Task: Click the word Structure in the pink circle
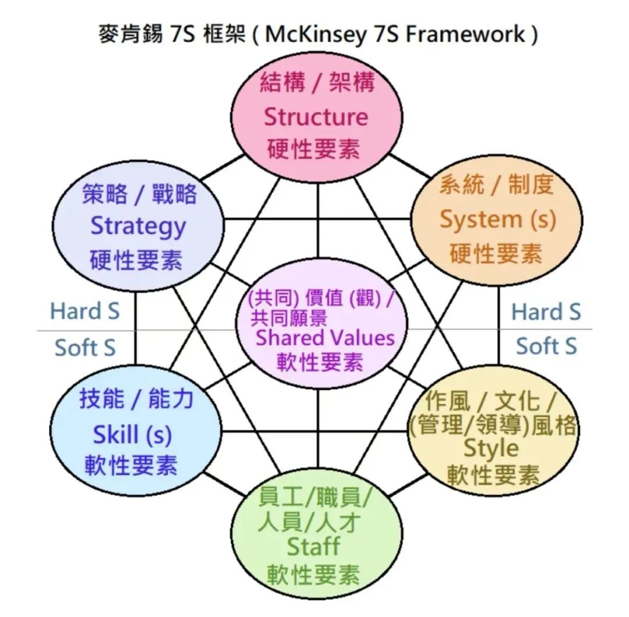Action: (x=316, y=117)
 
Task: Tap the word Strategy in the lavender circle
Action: (x=138, y=226)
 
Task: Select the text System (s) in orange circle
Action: (x=497, y=219)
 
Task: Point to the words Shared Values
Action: (x=325, y=337)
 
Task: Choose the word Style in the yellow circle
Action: (x=491, y=448)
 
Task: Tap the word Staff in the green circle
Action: (x=313, y=546)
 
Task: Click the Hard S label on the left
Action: (x=85, y=311)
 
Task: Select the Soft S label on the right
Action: (x=546, y=346)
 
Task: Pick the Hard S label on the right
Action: (x=546, y=312)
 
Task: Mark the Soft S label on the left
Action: (x=85, y=347)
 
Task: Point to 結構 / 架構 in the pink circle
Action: (x=317, y=83)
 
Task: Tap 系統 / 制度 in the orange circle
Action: (x=496, y=185)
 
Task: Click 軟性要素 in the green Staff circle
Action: (x=313, y=576)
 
